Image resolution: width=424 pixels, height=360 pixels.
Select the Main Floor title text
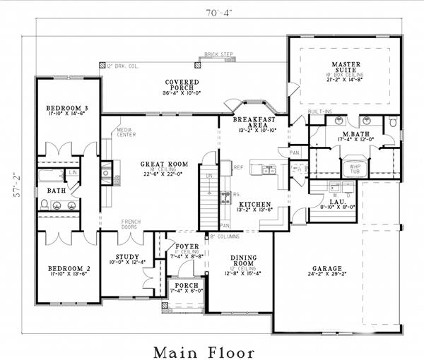[210, 350]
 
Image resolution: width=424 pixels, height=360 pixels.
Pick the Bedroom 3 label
[67, 109]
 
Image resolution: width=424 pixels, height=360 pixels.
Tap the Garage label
[326, 269]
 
